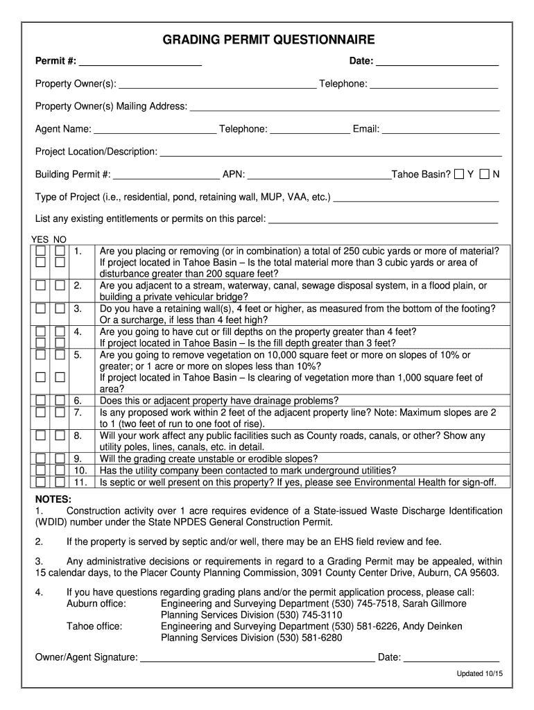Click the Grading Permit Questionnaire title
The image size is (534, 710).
[268, 40]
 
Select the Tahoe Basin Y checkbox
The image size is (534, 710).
[459, 174]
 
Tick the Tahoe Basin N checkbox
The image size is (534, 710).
[484, 174]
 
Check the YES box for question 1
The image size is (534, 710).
[42, 250]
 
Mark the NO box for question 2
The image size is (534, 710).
[60, 285]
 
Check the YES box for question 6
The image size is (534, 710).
[42, 400]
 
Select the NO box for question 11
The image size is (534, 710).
[60, 481]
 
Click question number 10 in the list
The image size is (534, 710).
[80, 470]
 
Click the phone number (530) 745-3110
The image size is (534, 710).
[309, 615]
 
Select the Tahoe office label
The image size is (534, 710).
[94, 626]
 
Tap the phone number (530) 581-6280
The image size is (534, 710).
[309, 638]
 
